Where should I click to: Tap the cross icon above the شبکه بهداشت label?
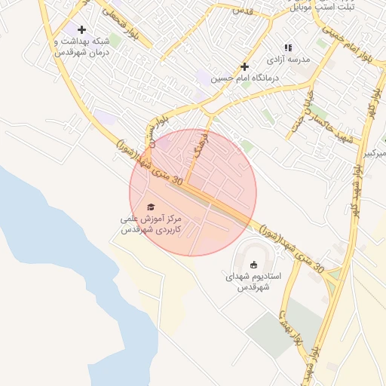click(81, 29)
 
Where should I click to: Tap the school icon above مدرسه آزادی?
click(288, 47)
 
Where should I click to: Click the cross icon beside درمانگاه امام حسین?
click(244, 66)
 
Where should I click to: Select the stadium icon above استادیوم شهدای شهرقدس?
click(253, 264)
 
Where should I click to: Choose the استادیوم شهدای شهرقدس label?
click(253, 281)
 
